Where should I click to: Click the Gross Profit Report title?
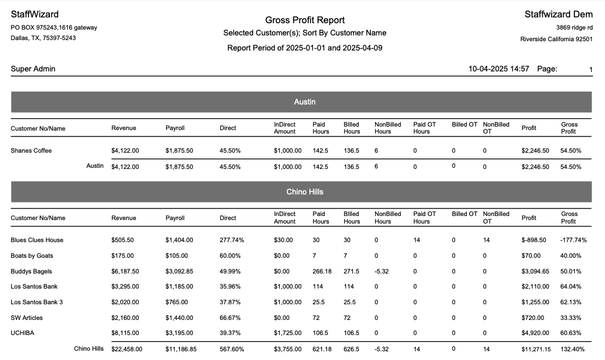click(x=305, y=20)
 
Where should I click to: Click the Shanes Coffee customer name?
click(x=31, y=151)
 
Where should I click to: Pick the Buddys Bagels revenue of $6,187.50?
click(x=125, y=271)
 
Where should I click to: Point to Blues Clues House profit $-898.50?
click(x=534, y=240)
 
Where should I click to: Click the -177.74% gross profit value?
click(x=574, y=240)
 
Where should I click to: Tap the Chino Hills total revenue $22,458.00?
click(x=127, y=349)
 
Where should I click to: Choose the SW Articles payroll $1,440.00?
click(x=179, y=318)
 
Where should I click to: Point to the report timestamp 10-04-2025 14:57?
click(x=499, y=69)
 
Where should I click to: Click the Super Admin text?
click(x=33, y=69)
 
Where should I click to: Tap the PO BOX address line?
click(x=54, y=27)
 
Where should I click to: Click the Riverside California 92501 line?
click(x=556, y=39)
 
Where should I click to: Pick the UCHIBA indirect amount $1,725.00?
click(x=288, y=333)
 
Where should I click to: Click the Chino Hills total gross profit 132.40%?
click(x=572, y=349)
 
